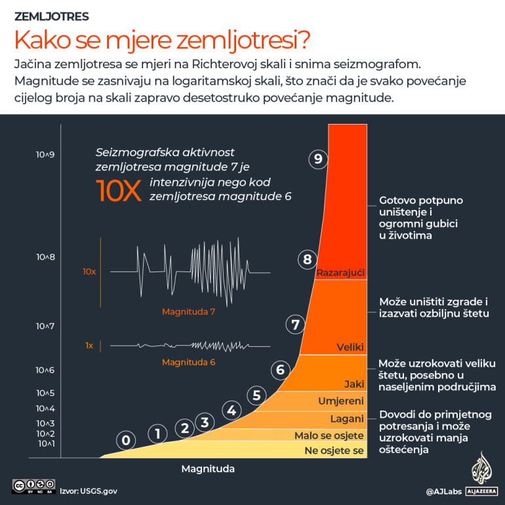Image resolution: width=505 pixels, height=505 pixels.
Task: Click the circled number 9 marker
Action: coord(318,159)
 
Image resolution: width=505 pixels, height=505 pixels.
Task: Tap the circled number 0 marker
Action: coord(127,440)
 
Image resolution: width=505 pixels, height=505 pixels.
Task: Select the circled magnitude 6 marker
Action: coord(281,370)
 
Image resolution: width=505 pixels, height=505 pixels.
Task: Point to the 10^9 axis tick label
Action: coord(45,155)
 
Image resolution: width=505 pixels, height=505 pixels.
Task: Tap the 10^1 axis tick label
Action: coord(45,444)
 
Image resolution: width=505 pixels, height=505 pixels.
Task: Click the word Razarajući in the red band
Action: coord(340,272)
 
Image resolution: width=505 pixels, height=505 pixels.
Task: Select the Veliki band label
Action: coord(350,347)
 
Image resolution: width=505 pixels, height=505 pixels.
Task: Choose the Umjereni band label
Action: coord(341,401)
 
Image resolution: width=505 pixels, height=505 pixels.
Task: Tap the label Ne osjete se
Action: coord(334,451)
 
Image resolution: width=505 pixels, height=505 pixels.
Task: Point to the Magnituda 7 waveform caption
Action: coord(188,312)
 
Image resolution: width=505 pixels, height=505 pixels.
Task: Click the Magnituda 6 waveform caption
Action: coord(188,362)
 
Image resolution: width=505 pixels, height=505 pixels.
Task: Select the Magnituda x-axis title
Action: coord(208,469)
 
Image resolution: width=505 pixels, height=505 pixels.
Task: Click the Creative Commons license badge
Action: coord(33,487)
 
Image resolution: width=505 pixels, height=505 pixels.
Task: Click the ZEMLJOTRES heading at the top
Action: coord(52,16)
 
